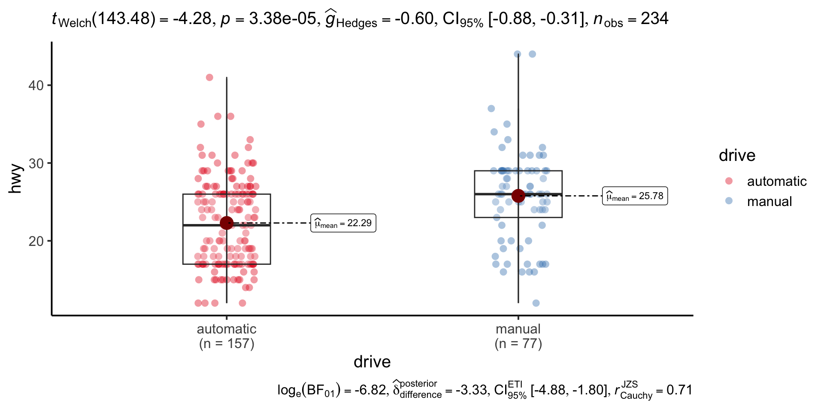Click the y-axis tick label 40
pos(36,85)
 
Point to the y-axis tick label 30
pos(36,164)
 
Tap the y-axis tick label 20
pos(36,241)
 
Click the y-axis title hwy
pos(15,179)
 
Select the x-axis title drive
pos(372,362)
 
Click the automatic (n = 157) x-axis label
pos(227,336)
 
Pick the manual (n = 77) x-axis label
pos(518,336)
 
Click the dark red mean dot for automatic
pos(227,223)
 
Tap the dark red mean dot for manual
pos(518,196)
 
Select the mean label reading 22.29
pos(343,223)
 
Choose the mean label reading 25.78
pos(635,196)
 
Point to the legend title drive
pos(737,155)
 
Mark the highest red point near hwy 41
pos(209,78)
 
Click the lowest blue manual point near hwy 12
pos(536,303)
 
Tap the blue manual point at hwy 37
pos(491,109)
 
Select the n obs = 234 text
pos(631,19)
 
